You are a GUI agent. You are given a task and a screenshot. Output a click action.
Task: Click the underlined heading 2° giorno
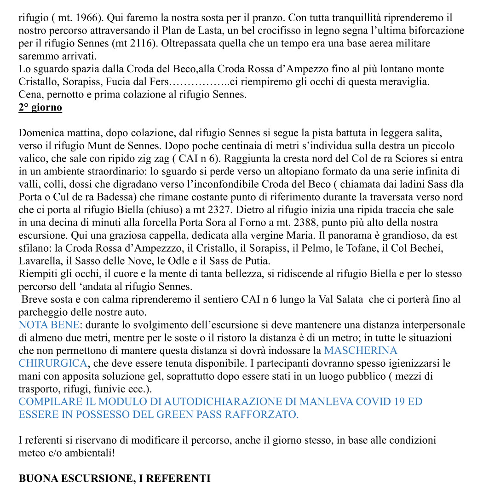(x=40, y=108)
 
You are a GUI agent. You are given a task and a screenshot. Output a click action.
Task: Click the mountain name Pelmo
(x=312, y=248)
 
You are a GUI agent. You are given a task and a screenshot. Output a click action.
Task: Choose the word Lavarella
(x=39, y=261)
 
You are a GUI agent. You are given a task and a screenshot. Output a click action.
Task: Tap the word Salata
(x=343, y=300)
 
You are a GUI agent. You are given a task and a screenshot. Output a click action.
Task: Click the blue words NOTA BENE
(x=49, y=325)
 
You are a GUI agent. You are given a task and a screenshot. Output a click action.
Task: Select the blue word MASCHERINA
(x=361, y=351)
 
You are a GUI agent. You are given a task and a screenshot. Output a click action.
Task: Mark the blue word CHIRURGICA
(x=52, y=364)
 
